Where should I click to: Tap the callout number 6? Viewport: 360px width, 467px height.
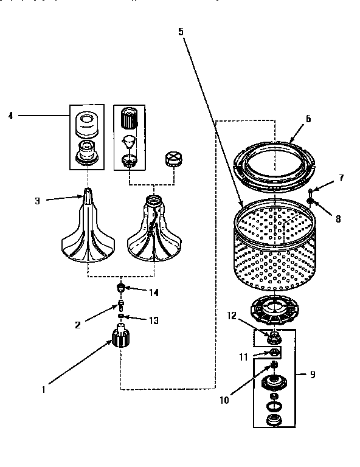(308, 119)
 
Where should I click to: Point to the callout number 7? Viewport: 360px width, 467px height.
(341, 178)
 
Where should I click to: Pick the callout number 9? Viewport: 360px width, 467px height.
(313, 374)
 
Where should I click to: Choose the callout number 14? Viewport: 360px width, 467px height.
(154, 292)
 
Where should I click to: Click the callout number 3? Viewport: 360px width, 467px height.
(37, 200)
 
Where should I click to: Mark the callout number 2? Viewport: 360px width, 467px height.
(77, 325)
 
